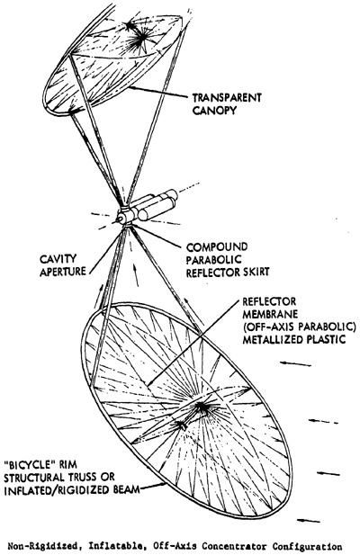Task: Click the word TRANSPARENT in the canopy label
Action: click(x=227, y=97)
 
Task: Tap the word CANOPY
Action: click(x=214, y=110)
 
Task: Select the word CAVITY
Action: click(x=58, y=259)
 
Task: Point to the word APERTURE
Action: click(x=63, y=272)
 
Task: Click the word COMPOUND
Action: click(x=217, y=246)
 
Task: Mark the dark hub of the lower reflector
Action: click(x=201, y=407)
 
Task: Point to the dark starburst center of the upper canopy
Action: click(x=141, y=36)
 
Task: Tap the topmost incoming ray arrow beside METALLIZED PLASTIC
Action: click(x=295, y=363)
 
